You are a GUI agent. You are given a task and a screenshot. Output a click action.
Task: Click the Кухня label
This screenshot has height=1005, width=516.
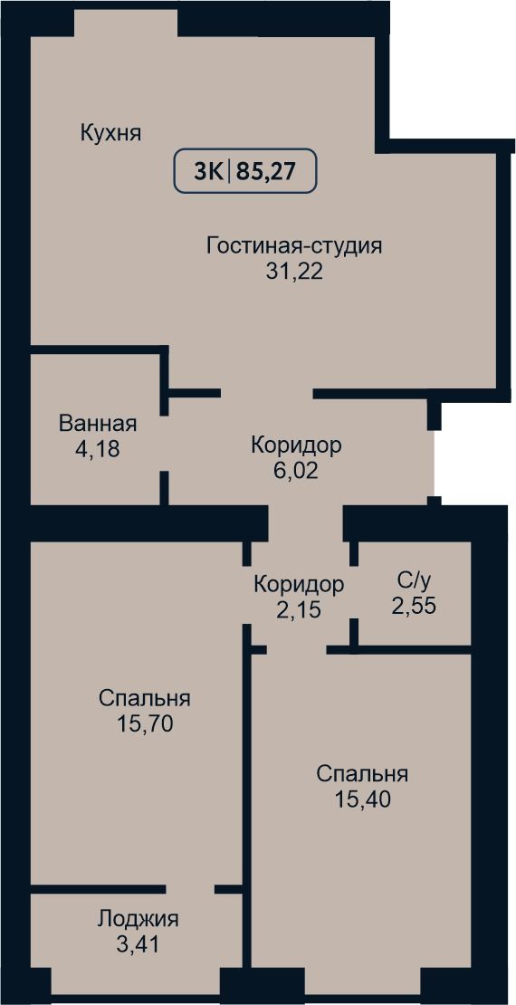click(x=110, y=134)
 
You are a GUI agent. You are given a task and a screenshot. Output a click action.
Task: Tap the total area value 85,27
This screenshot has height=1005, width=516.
click(x=268, y=172)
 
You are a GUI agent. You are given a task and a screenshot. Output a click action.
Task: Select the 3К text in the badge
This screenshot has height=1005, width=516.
click(x=208, y=172)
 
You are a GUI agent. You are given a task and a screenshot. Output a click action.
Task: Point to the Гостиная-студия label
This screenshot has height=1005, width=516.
click(x=294, y=246)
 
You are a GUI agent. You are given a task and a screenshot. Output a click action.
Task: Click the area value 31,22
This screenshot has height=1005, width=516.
click(x=294, y=272)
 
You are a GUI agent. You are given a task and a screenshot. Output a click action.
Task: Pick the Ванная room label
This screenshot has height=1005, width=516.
click(x=98, y=424)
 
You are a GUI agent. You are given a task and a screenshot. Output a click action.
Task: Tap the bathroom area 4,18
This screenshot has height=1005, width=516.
click(x=98, y=448)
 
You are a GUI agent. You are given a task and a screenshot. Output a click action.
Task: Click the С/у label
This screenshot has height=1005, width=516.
click(x=414, y=580)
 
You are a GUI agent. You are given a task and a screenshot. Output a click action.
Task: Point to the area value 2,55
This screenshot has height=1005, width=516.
click(x=414, y=606)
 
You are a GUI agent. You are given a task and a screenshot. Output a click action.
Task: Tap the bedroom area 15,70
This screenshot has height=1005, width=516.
click(x=146, y=723)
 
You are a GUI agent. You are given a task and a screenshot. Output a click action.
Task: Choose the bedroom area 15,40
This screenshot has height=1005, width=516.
click(x=362, y=799)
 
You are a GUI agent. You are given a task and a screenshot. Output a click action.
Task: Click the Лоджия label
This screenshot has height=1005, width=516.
click(x=138, y=919)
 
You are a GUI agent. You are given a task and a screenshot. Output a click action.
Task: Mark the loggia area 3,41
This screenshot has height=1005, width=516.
click(x=138, y=943)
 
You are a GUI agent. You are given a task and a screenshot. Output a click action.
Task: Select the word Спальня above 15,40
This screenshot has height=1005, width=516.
click(x=362, y=773)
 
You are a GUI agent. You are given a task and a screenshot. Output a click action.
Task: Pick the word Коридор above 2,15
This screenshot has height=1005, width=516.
click(x=299, y=584)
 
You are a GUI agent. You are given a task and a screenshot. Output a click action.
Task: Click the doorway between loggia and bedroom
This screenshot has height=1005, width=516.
click(x=190, y=889)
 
